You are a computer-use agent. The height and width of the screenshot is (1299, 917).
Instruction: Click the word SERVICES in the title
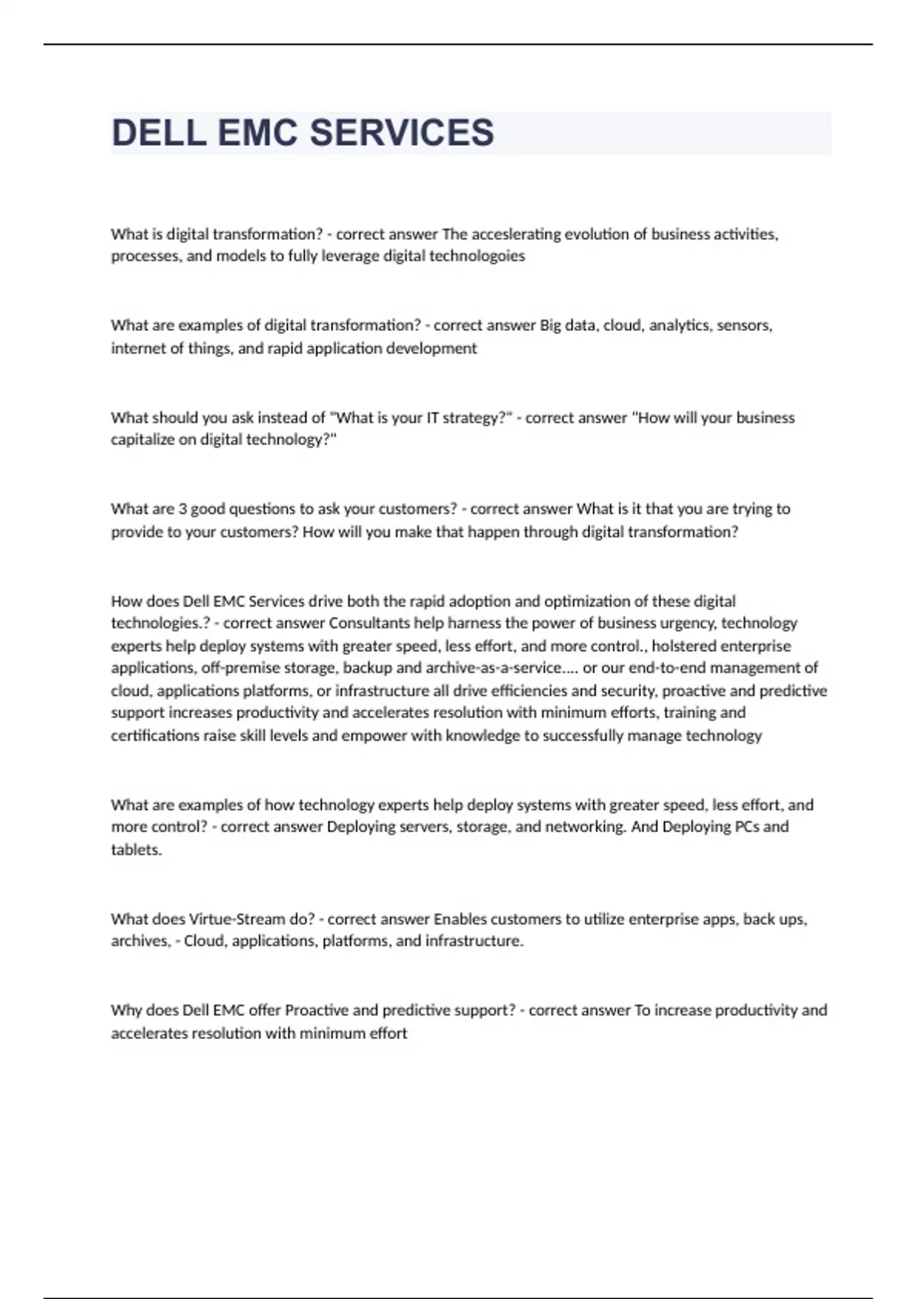coord(402,133)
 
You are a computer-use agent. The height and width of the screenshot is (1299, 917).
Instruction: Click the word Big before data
coord(550,326)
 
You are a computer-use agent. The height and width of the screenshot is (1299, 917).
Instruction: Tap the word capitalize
coord(143,439)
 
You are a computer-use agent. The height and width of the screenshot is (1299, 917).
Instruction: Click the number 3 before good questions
coord(182,509)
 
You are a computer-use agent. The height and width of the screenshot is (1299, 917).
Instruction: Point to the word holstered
coord(684,646)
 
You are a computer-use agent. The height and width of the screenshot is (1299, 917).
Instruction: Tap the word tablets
coord(136,850)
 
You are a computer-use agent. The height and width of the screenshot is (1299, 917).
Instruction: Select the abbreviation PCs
coord(747,827)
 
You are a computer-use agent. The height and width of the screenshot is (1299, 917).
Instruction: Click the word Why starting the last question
coord(126,1010)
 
